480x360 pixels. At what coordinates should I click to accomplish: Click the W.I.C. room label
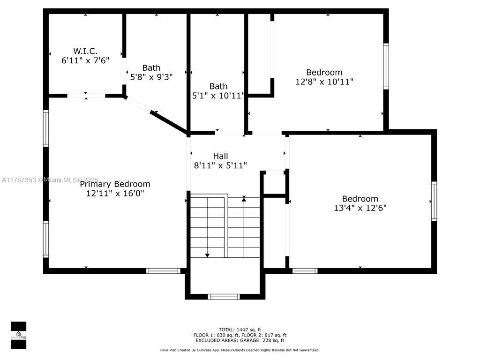coord(85,51)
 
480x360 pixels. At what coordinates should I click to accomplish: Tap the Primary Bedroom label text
coord(115,184)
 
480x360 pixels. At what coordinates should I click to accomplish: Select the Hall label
coord(220,156)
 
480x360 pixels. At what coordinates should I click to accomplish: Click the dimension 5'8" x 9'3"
coord(151,77)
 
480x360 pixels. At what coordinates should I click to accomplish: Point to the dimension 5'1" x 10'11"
coord(218,96)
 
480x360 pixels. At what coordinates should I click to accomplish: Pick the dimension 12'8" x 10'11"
coord(324,82)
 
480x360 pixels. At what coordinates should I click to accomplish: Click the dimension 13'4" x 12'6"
coord(360,208)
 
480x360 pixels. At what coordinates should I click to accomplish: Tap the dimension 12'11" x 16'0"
coord(115,193)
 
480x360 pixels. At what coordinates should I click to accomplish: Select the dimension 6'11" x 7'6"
coord(85,60)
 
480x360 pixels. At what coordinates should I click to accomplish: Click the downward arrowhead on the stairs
coord(207,255)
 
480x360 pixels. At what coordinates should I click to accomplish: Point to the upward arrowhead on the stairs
coord(244,199)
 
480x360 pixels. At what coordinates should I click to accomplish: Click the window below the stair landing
coord(224,297)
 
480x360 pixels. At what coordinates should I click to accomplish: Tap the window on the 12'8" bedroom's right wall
coord(386,67)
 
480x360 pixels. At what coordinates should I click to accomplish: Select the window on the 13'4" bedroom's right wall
coord(434,201)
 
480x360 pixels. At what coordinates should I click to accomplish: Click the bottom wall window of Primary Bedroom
coord(163,271)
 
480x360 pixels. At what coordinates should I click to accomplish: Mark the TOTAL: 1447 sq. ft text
coord(240,330)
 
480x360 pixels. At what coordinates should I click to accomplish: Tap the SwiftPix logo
coord(18,335)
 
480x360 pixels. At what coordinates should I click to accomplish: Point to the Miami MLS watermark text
coord(50,180)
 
